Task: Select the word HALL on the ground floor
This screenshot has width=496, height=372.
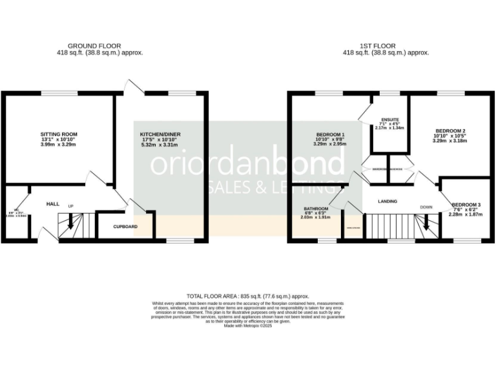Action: point(53,204)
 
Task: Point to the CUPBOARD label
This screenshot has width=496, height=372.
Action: point(125,227)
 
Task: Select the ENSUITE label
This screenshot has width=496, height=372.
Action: point(390,119)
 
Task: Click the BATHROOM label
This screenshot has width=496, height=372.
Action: point(316,209)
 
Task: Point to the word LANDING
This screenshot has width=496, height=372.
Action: point(387,201)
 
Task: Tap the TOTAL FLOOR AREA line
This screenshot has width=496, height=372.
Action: point(248,295)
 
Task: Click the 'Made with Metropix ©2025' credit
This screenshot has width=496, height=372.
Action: point(248,326)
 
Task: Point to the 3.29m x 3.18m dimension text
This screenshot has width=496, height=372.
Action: point(449,142)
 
